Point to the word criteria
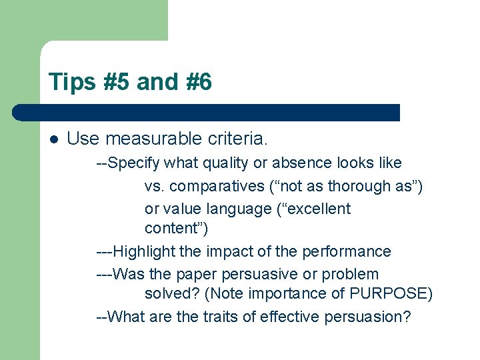coord(237,139)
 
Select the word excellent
coord(317,209)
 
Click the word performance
coord(347,251)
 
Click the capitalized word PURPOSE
coord(390,294)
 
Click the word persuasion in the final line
coord(367,317)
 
